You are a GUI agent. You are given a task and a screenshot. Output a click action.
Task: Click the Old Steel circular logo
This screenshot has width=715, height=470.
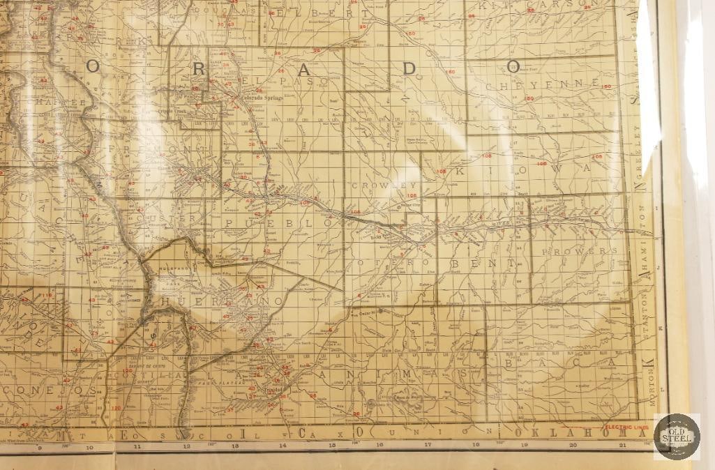coord(676,437)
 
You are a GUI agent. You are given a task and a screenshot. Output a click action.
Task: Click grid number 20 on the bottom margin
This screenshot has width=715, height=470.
coord(573,444)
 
